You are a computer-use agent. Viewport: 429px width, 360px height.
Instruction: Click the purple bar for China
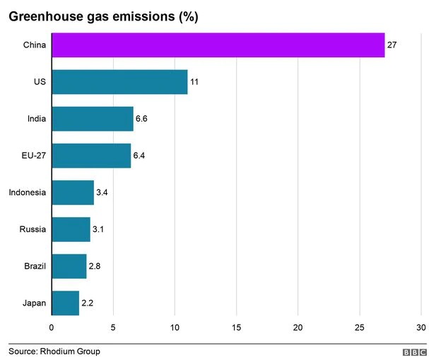[x=218, y=45]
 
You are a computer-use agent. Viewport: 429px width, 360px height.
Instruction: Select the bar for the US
[x=119, y=82]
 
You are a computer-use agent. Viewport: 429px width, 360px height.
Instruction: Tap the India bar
[x=92, y=119]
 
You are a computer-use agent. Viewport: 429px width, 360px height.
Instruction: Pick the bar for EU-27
[x=91, y=156]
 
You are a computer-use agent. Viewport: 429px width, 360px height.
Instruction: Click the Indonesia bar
[x=72, y=192]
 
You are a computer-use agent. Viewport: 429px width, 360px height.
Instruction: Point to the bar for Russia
[x=71, y=229]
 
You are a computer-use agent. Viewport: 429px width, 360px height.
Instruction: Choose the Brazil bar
[x=69, y=266]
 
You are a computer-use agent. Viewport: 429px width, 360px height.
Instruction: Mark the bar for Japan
[x=65, y=303]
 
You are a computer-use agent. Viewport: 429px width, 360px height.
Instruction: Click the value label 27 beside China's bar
[x=392, y=45]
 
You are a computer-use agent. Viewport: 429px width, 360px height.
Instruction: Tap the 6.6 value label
[x=141, y=119]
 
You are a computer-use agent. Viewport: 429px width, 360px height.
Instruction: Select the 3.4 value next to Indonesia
[x=102, y=192]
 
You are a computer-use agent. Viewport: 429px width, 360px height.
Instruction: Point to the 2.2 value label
[x=87, y=303]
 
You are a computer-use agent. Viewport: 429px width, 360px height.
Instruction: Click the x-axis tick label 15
[x=237, y=327]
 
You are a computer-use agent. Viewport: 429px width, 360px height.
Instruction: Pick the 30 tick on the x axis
[x=421, y=327]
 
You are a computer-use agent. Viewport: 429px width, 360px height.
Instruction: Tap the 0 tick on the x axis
[x=52, y=327]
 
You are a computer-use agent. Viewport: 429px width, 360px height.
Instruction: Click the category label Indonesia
[x=27, y=192]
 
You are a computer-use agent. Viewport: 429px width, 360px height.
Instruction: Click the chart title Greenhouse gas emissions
[x=102, y=16]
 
